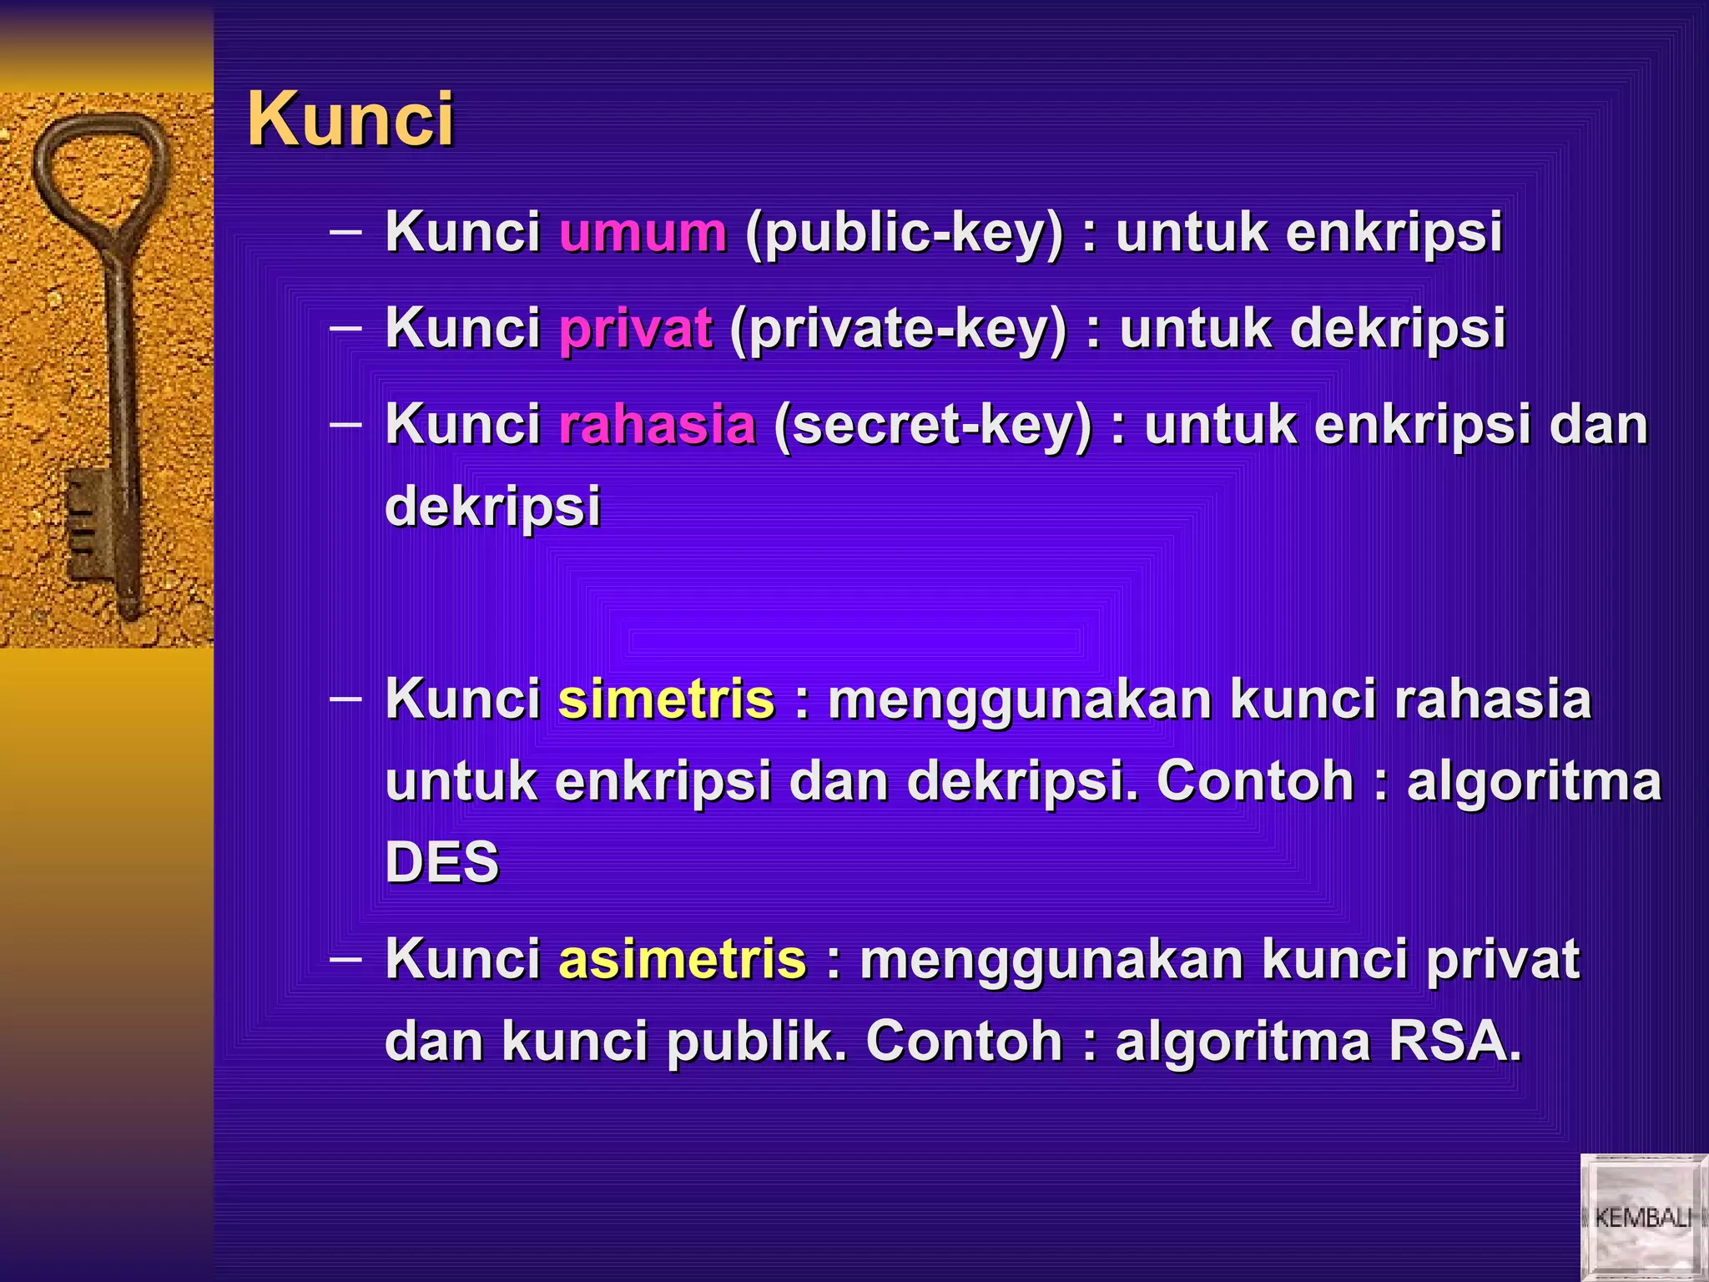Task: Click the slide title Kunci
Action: (x=350, y=119)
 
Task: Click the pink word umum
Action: (x=643, y=232)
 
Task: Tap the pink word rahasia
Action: (x=657, y=425)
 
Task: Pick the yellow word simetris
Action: (x=666, y=699)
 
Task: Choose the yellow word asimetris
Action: (x=682, y=959)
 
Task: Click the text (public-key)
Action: (x=905, y=234)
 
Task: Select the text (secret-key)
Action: (x=932, y=426)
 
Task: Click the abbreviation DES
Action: (x=441, y=862)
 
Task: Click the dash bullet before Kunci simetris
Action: (x=345, y=698)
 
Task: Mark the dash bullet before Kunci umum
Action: (x=345, y=230)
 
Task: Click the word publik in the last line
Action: (x=756, y=1043)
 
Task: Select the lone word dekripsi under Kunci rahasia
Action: (x=492, y=507)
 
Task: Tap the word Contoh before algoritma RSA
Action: (x=964, y=1042)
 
